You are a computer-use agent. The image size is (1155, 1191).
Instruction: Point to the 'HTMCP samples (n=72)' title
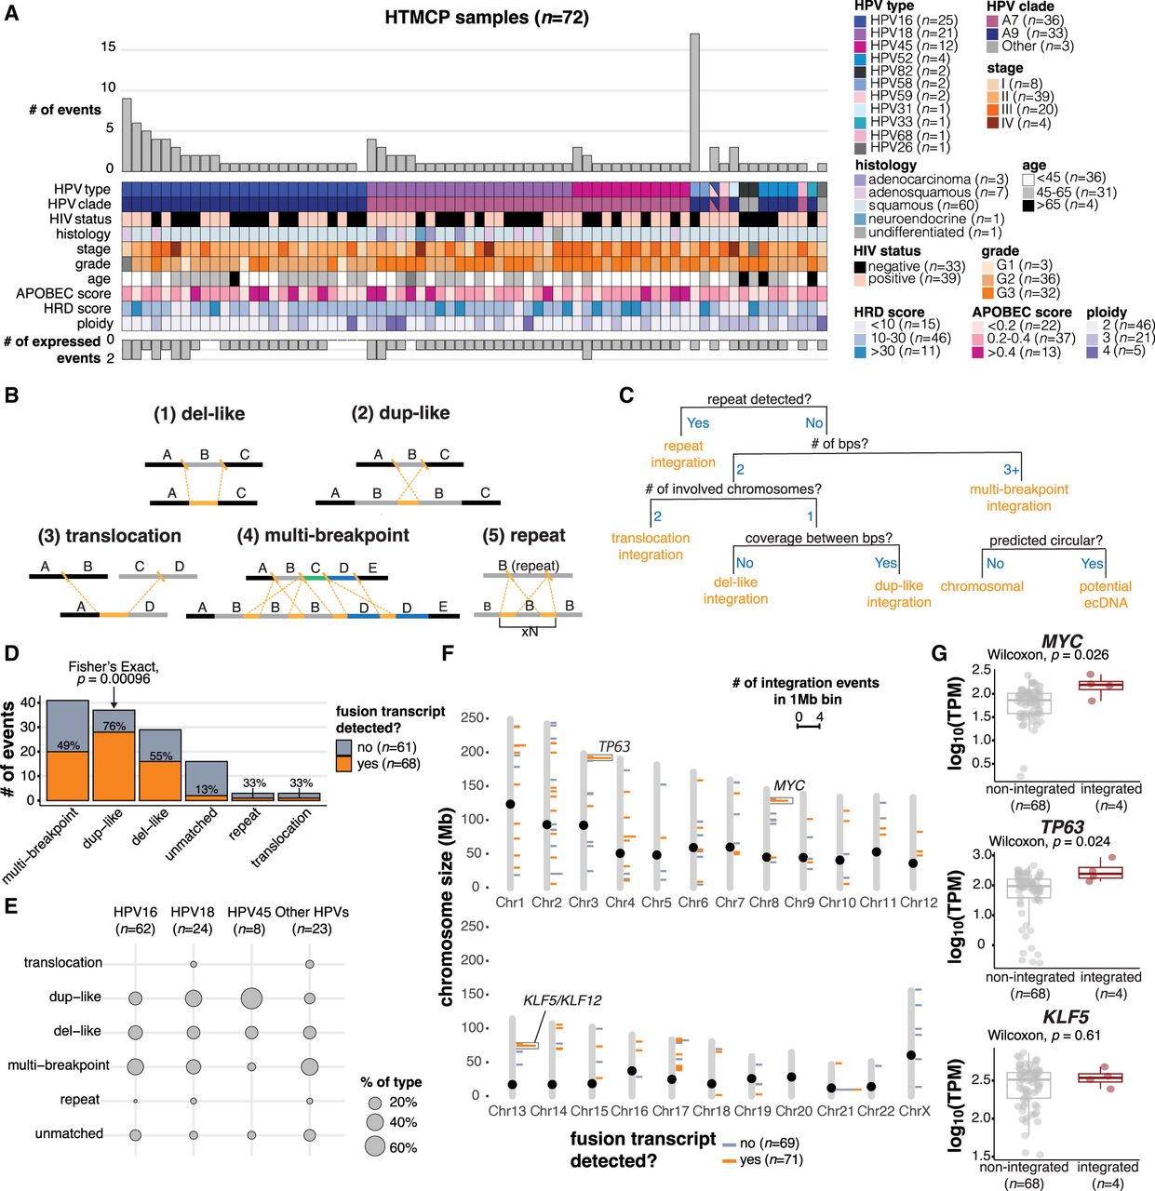point(487,18)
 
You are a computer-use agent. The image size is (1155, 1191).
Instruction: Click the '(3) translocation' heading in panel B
point(110,536)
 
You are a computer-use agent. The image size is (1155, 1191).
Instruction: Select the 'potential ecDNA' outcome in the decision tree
point(1105,594)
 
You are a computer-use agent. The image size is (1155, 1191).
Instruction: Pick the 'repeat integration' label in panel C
point(683,454)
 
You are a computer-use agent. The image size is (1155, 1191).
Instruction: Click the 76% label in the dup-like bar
point(114,727)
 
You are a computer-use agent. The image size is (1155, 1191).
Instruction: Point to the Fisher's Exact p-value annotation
point(113,673)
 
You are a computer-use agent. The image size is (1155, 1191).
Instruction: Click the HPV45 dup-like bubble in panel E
point(250,998)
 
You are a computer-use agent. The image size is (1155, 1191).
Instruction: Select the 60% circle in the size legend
point(374,1146)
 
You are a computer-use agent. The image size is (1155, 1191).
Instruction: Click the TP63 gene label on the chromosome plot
point(614,746)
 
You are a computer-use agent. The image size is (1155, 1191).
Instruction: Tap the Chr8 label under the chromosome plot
point(764,903)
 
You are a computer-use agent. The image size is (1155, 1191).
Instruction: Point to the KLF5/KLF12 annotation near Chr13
point(560,1000)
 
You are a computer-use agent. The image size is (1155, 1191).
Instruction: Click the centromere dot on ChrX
point(912,1055)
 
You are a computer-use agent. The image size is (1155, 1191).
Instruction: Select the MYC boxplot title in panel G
point(1062,641)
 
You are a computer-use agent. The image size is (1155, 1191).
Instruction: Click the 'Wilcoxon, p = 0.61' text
point(1043,1035)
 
